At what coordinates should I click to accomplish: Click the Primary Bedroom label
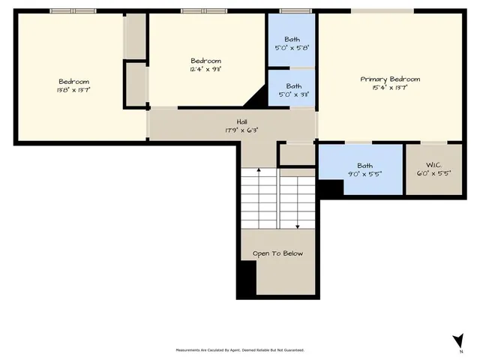point(390,79)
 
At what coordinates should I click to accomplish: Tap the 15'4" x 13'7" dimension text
point(390,88)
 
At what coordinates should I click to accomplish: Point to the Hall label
point(241,121)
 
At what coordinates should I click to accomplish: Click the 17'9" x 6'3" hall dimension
point(241,130)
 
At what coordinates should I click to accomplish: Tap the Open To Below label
point(277,253)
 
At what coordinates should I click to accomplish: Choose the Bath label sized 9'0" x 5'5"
point(365,166)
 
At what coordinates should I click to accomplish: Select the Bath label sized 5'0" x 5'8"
point(293,39)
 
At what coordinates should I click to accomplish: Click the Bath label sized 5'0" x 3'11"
point(293,85)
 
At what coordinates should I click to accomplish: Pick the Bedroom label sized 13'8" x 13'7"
point(74,82)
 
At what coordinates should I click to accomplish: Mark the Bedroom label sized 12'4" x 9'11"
point(205,61)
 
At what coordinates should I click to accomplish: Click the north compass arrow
point(457,340)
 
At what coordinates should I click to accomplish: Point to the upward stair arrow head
point(259,171)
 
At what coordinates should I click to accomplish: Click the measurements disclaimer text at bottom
point(240,350)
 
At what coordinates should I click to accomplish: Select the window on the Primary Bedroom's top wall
point(382,10)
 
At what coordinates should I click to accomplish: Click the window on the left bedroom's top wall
point(73,10)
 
